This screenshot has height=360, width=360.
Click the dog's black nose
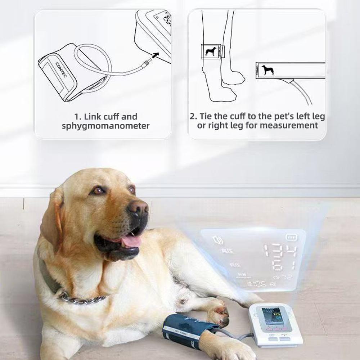(x=138, y=208)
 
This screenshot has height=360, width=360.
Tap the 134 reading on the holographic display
(x=279, y=251)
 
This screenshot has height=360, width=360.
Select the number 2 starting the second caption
(x=193, y=117)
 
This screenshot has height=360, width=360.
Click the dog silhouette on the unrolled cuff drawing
(x=267, y=70)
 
